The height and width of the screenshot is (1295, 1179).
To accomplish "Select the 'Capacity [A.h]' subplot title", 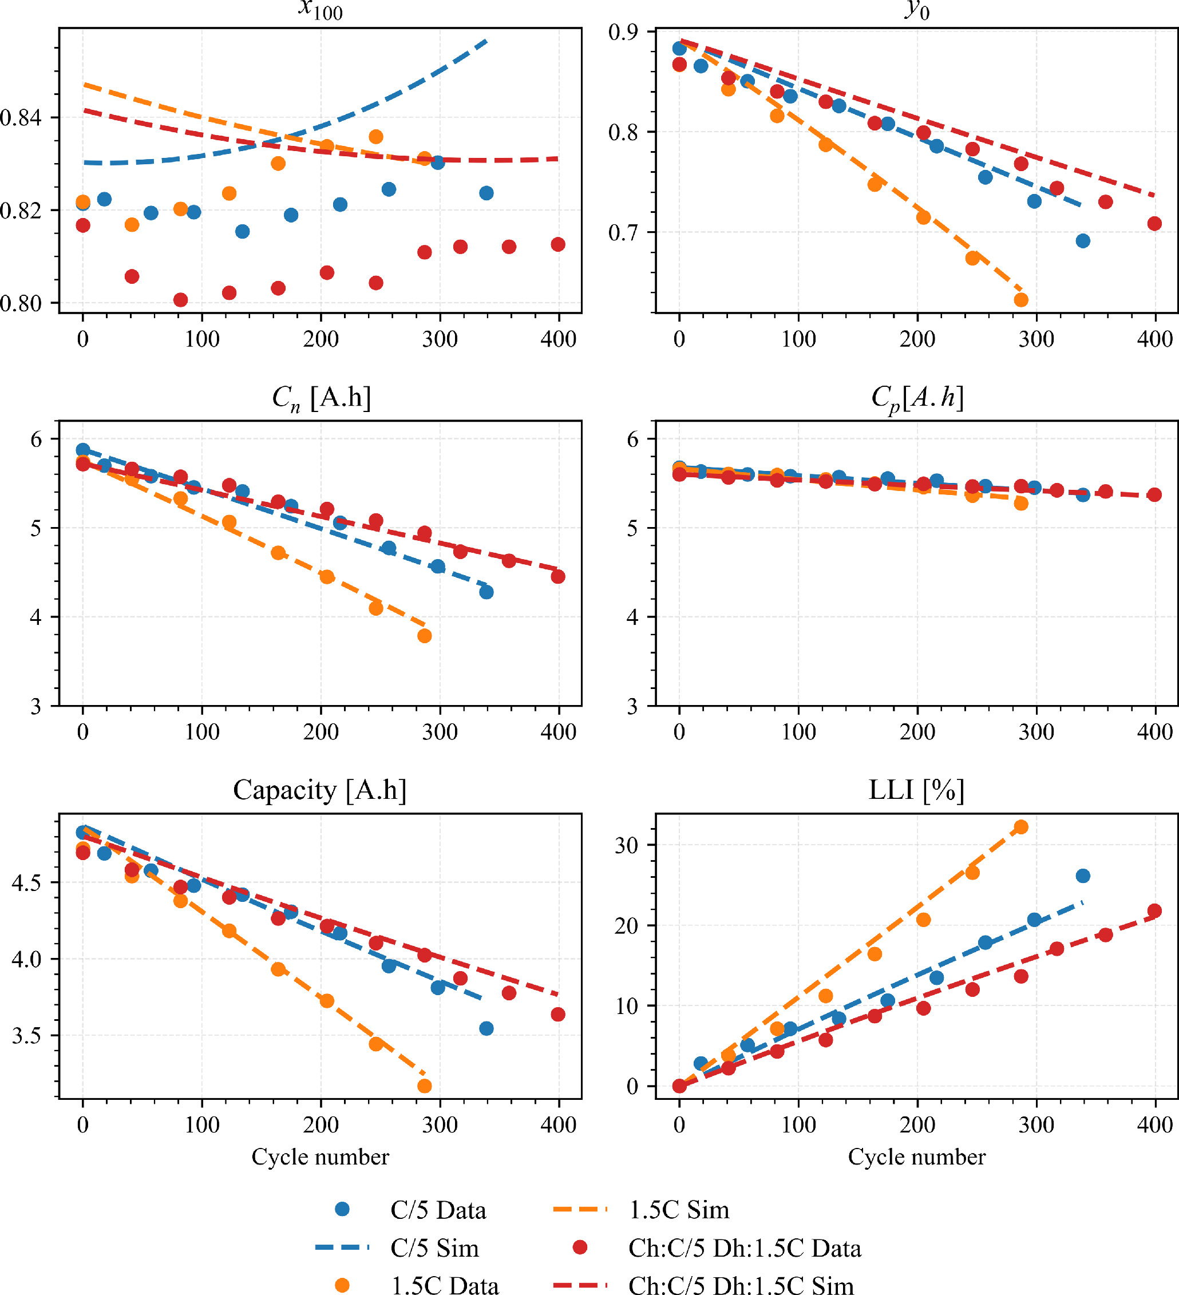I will [320, 790].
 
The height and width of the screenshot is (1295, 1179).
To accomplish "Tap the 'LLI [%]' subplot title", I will [916, 790].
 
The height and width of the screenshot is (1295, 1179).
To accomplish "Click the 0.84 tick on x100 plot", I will [21, 117].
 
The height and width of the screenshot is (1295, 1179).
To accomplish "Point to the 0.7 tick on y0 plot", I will [623, 232].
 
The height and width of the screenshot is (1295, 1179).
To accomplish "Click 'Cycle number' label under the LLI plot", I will [916, 1157].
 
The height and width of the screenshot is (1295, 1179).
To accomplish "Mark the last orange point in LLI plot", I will [1021, 827].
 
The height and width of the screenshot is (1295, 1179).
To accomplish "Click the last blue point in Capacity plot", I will [486, 1028].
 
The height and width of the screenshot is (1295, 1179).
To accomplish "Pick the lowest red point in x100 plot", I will [180, 300].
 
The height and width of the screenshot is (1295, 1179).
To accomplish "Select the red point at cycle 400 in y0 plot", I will [1154, 224].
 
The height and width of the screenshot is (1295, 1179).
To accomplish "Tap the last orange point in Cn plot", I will [424, 636].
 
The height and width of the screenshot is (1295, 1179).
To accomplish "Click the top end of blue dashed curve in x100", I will [487, 41].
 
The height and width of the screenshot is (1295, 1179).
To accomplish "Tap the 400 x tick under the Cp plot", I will [1154, 732].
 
